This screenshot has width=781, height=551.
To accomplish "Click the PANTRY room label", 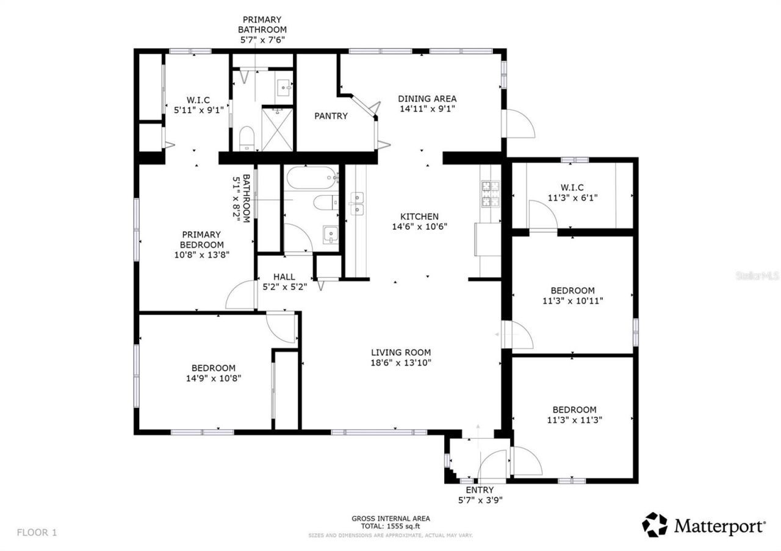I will click(x=331, y=116).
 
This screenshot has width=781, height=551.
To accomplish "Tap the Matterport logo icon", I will click(x=655, y=525).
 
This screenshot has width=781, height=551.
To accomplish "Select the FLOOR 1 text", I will click(x=37, y=532).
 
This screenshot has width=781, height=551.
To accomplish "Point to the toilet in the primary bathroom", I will click(x=247, y=138).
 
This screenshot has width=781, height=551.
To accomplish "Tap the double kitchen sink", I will click(x=356, y=204).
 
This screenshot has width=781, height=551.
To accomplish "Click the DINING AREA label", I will click(x=427, y=99).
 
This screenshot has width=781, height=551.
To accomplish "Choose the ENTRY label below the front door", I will click(x=479, y=490).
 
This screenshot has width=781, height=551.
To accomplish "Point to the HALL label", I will click(x=284, y=277).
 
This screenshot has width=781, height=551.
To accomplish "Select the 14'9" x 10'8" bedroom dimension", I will click(x=213, y=378).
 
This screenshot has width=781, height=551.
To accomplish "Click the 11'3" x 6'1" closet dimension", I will click(x=572, y=197).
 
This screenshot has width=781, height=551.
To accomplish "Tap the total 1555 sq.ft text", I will click(x=390, y=526).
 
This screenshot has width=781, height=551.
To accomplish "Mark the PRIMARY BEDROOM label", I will click(x=201, y=240).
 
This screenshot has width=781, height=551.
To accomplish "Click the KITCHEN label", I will click(x=419, y=216).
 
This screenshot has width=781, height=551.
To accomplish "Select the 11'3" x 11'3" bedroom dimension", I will click(x=574, y=419).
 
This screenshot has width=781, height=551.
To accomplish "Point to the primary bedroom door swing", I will click(x=239, y=296).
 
